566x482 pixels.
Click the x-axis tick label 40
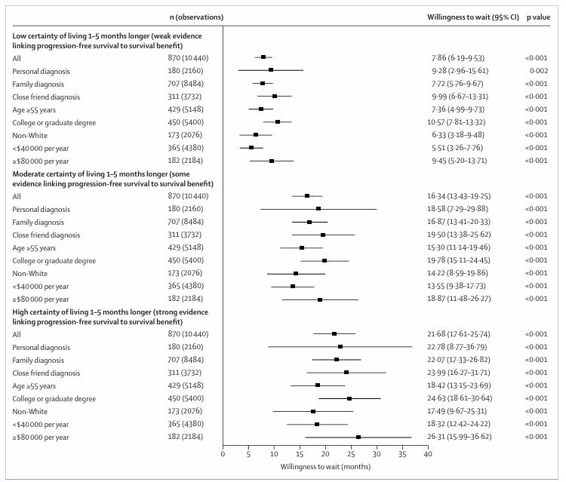pyautogui.click(x=427, y=454)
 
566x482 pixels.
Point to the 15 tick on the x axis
pyautogui.click(x=300, y=454)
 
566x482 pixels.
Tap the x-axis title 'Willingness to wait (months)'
pyautogui.click(x=325, y=467)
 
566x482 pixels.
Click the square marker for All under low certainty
pyautogui.click(x=263, y=57)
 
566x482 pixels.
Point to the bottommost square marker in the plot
pyautogui.click(x=358, y=437)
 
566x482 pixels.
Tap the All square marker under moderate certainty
pyautogui.click(x=307, y=195)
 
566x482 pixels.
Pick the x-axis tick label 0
pyautogui.click(x=223, y=454)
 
